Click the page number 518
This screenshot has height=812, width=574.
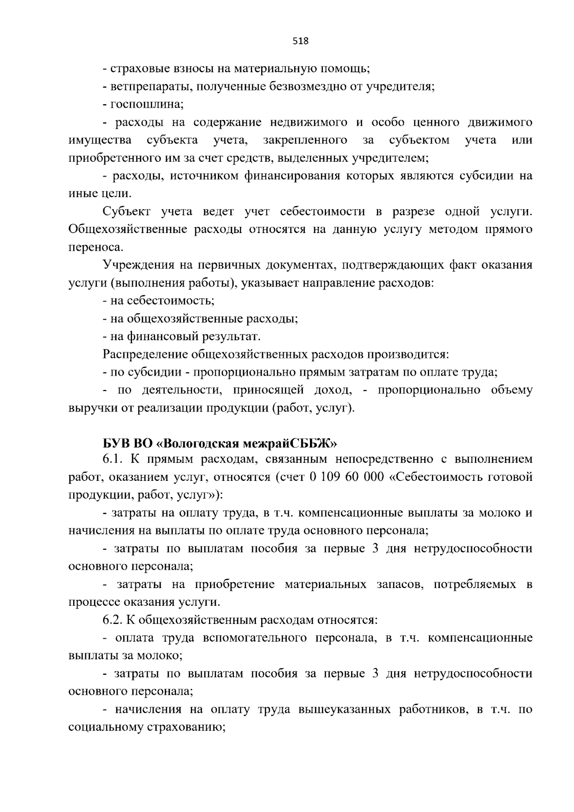tap(301, 41)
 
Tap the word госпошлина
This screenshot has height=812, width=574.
tap(146, 104)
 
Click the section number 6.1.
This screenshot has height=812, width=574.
tap(113, 459)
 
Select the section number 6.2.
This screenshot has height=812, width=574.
tap(113, 620)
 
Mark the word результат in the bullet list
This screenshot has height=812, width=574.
tap(232, 337)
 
